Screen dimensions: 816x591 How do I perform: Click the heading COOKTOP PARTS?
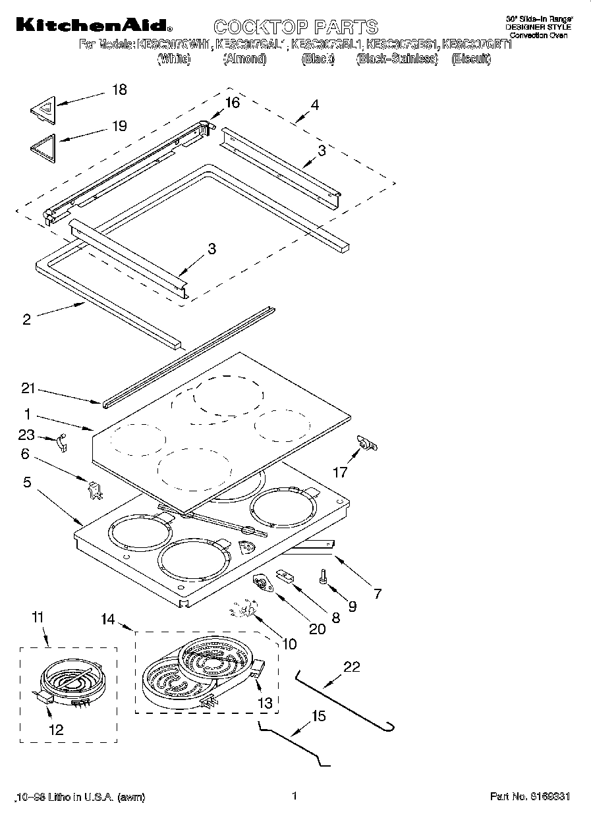pos(296,27)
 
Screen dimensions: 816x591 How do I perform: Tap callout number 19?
pos(119,126)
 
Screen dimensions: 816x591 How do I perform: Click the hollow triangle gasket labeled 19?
pos(44,144)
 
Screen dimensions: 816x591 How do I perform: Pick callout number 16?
pos(232,103)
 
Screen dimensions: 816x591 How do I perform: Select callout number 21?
pos(27,389)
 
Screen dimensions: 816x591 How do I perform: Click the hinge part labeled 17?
pos(366,445)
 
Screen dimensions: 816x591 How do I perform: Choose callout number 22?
pos(352,666)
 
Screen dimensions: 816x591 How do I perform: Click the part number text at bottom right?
pos(530,796)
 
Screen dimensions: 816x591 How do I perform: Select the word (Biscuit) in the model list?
pos(471,59)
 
